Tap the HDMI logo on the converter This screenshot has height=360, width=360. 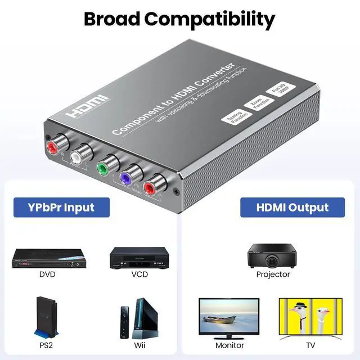coord(89,106)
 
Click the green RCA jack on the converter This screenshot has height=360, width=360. coord(102,169)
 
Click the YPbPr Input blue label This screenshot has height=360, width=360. coord(62,206)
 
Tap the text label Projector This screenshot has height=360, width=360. coord(273,274)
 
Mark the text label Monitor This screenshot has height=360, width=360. coord(229,345)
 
